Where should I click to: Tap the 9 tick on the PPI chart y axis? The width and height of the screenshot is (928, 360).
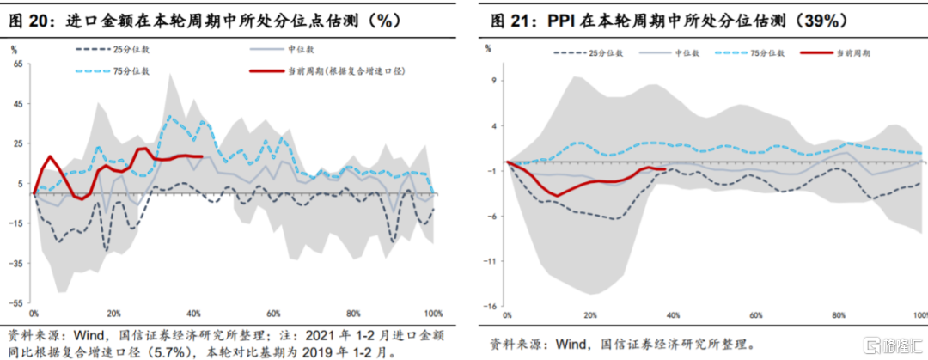pyautogui.click(x=493, y=81)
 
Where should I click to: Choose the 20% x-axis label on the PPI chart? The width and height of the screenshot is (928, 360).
pyautogui.click(x=590, y=316)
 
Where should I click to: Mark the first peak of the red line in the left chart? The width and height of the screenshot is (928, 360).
pyautogui.click(x=50, y=157)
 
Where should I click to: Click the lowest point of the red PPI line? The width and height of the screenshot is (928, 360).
pyautogui.click(x=556, y=196)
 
